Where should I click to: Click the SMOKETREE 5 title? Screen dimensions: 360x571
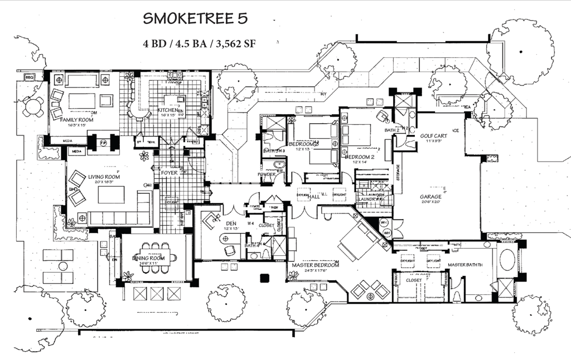click(194, 18)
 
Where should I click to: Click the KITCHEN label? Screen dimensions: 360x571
click(167, 111)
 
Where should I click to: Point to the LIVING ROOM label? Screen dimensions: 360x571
click(104, 177)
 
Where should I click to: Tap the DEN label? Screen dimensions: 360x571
click(231, 223)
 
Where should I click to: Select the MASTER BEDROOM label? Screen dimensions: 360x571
click(315, 265)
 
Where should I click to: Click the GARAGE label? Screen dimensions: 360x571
click(430, 197)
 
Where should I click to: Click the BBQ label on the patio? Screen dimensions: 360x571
click(30, 77)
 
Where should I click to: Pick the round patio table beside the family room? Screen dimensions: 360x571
click(33, 106)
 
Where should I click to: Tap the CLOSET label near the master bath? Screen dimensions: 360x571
click(413, 281)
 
